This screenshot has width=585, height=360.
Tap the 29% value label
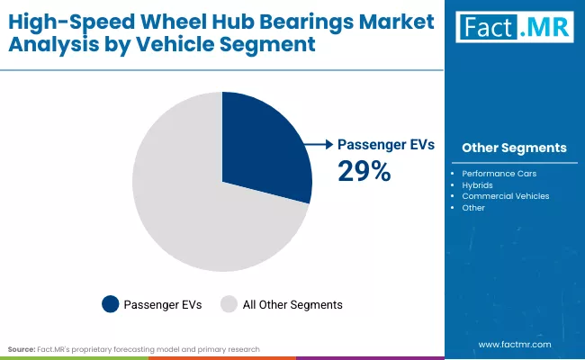pyautogui.click(x=364, y=171)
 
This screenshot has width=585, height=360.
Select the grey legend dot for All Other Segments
pyautogui.click(x=229, y=305)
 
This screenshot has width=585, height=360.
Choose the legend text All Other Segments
pyautogui.click(x=292, y=305)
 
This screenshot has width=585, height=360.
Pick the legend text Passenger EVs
pyautogui.click(x=163, y=305)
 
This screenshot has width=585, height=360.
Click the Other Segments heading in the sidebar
pyautogui.click(x=514, y=148)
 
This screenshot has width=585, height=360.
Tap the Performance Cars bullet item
pyautogui.click(x=499, y=173)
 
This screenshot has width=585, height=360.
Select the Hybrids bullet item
pyautogui.click(x=478, y=184)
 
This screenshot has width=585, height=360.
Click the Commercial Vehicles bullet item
pyautogui.click(x=505, y=196)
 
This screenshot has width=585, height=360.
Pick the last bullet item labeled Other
pyautogui.click(x=473, y=208)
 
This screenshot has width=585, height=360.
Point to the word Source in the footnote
pyautogui.click(x=20, y=347)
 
